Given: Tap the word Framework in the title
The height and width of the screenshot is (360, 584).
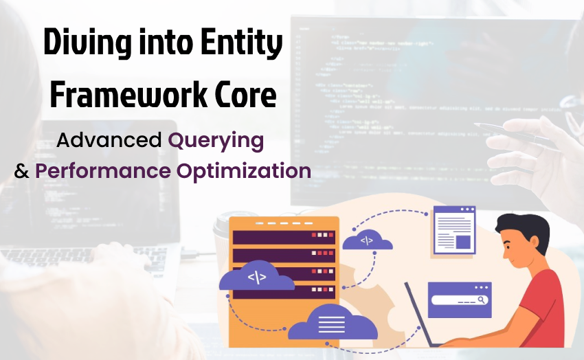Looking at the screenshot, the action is tap(122, 95).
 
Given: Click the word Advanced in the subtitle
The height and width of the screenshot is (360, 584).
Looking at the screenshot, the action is tap(109, 141).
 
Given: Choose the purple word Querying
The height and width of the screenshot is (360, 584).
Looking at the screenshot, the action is tap(216, 141).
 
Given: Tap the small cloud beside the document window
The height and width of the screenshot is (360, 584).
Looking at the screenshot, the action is tap(367, 241).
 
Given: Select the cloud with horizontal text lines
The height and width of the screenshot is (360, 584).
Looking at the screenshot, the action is tap(332, 322).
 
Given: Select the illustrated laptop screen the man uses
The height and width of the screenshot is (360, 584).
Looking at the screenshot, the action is tap(418, 315).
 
